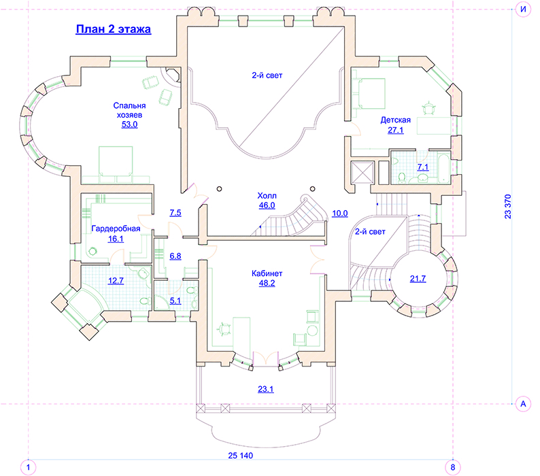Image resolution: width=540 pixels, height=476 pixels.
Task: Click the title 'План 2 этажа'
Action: pyautogui.click(x=114, y=29)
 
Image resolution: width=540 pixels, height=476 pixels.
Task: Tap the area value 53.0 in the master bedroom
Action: pyautogui.click(x=129, y=124)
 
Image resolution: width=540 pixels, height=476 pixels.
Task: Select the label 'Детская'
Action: pyautogui.click(x=396, y=120)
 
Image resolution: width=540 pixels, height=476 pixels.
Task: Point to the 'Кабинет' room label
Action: pyautogui.click(x=267, y=273)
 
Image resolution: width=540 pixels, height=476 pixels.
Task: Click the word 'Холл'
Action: pyautogui.click(x=267, y=196)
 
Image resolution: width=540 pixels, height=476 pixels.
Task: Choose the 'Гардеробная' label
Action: pyautogui.click(x=116, y=228)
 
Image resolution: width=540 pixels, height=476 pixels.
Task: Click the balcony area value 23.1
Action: pyautogui.click(x=266, y=389)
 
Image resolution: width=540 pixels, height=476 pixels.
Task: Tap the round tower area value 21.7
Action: pyautogui.click(x=418, y=279)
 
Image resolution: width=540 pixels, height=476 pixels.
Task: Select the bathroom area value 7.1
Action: pyautogui.click(x=423, y=167)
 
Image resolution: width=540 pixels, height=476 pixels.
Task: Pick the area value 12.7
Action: pyautogui.click(x=116, y=281)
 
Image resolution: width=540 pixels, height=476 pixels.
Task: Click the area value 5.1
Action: pyautogui.click(x=175, y=301)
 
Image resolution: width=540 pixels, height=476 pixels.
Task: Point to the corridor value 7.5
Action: pyautogui.click(x=175, y=213)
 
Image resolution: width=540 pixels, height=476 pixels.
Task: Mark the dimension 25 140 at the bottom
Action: pyautogui.click(x=240, y=456)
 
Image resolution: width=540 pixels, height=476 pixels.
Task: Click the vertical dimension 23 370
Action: pyautogui.click(x=508, y=207)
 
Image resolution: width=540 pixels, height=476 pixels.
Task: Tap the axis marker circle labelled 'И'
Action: pyautogui.click(x=523, y=10)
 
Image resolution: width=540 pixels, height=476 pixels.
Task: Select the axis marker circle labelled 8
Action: pyautogui.click(x=453, y=467)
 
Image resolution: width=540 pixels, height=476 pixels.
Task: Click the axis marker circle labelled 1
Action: pyautogui.click(x=29, y=467)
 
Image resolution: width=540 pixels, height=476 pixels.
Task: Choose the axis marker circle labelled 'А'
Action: pyautogui.click(x=523, y=404)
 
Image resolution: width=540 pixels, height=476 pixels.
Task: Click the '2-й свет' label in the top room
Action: pyautogui.click(x=267, y=75)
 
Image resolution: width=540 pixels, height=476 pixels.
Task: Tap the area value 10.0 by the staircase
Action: pyautogui.click(x=339, y=214)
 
